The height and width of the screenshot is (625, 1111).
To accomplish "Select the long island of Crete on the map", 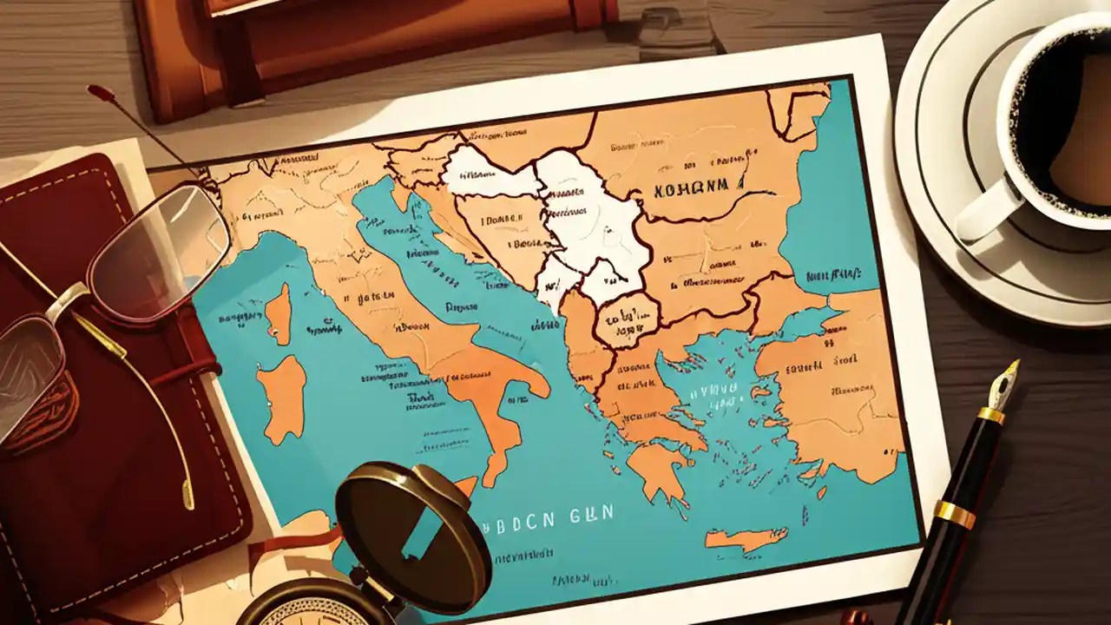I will [x=746, y=537].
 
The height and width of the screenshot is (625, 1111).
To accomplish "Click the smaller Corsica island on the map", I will [x=277, y=314].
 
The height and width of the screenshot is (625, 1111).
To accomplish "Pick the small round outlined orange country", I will [x=627, y=319].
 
